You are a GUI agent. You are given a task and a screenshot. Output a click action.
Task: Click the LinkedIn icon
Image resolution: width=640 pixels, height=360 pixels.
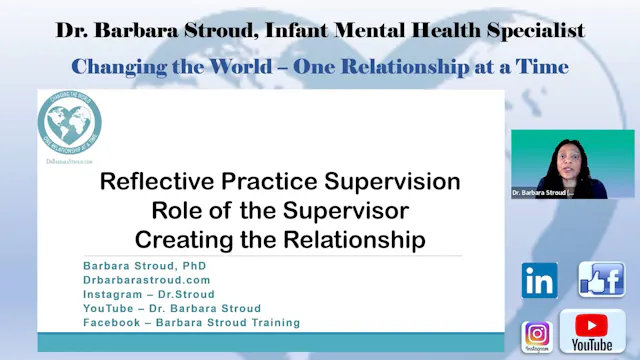pyautogui.click(x=540, y=280)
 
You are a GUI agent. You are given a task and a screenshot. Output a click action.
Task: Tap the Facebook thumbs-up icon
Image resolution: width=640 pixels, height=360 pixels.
pyautogui.click(x=601, y=279)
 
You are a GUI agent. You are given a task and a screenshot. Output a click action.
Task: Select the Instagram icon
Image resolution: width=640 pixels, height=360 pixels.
pyautogui.click(x=537, y=334)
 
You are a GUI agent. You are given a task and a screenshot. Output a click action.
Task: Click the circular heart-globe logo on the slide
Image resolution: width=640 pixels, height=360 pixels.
pyautogui.click(x=70, y=125)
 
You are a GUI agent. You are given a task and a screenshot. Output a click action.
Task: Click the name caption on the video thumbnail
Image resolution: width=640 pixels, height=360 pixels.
pyautogui.click(x=543, y=192)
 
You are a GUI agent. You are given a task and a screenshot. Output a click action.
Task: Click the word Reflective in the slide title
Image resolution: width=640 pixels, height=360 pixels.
pyautogui.click(x=149, y=183)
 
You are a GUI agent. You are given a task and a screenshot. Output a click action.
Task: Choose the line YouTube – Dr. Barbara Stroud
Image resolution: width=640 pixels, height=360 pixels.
pyautogui.click(x=173, y=308)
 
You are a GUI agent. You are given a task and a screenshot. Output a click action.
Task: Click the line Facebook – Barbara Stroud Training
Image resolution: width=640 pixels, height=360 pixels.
pyautogui.click(x=191, y=322)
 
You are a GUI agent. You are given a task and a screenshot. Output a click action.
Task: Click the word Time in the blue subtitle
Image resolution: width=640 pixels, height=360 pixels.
pyautogui.click(x=540, y=66)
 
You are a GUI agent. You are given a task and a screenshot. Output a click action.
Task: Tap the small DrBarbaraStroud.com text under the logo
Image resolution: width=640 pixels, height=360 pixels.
pyautogui.click(x=69, y=160)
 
